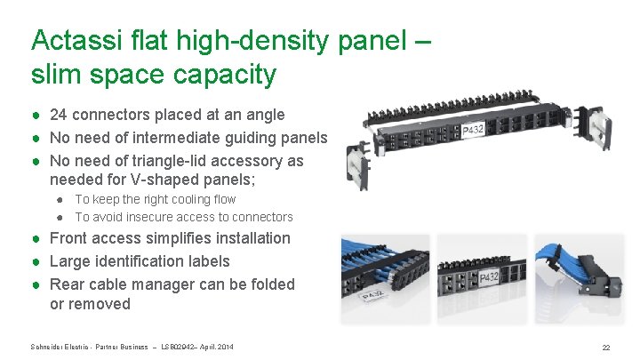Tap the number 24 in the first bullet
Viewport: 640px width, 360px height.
coord(59,115)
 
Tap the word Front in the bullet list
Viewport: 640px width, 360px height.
coord(70,238)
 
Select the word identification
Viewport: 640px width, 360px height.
coord(137,261)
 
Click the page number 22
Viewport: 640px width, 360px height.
coord(605,348)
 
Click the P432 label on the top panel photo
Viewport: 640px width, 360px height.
coord(472,132)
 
